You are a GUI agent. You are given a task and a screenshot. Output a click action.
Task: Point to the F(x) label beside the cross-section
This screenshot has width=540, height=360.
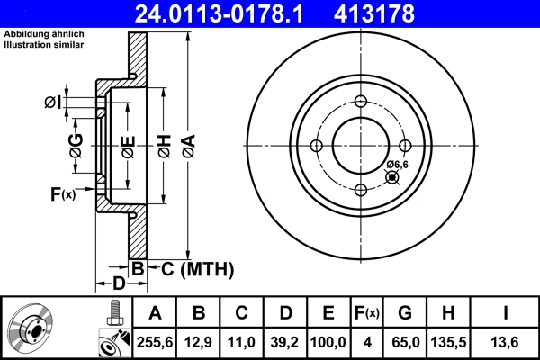(x=63, y=193)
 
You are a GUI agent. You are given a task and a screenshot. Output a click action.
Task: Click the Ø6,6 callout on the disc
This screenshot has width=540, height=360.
(x=398, y=164)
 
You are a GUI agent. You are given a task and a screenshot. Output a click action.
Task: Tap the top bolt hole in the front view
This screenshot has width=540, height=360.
(x=360, y=102)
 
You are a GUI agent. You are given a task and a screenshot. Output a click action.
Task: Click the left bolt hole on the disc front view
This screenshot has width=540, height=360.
(x=316, y=146)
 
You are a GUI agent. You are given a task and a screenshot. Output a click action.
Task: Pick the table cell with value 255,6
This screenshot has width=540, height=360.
(x=156, y=341)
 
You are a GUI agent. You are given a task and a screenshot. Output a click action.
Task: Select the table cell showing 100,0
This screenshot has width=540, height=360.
(x=328, y=341)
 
